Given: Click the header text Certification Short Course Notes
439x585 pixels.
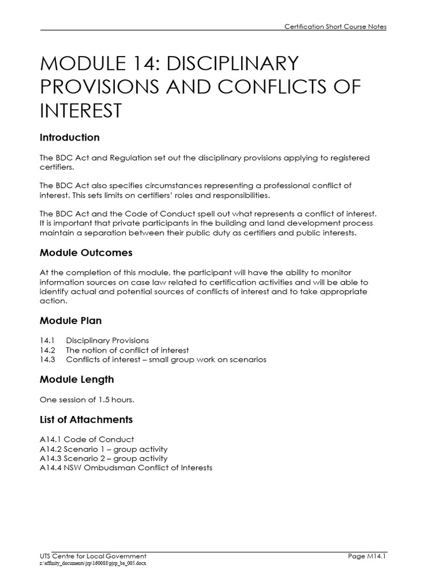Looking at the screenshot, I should pos(335,26).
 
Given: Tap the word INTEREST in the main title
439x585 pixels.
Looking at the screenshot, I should pos(81,110).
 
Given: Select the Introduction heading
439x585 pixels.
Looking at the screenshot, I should pos(70,138).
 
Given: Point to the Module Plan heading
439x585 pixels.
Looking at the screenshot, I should pos(71,320).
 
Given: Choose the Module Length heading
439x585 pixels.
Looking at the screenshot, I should pos(77,379).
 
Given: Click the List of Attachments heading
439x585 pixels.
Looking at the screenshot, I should pos(86,419).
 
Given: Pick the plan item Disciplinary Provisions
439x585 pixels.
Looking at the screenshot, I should pos(107,340).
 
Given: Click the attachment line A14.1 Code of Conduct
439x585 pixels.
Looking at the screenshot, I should pos(87,439).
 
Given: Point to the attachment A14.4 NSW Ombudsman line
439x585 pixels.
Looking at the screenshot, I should pos(126,468).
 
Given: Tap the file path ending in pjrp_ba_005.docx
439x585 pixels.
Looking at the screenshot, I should pos(93,563).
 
